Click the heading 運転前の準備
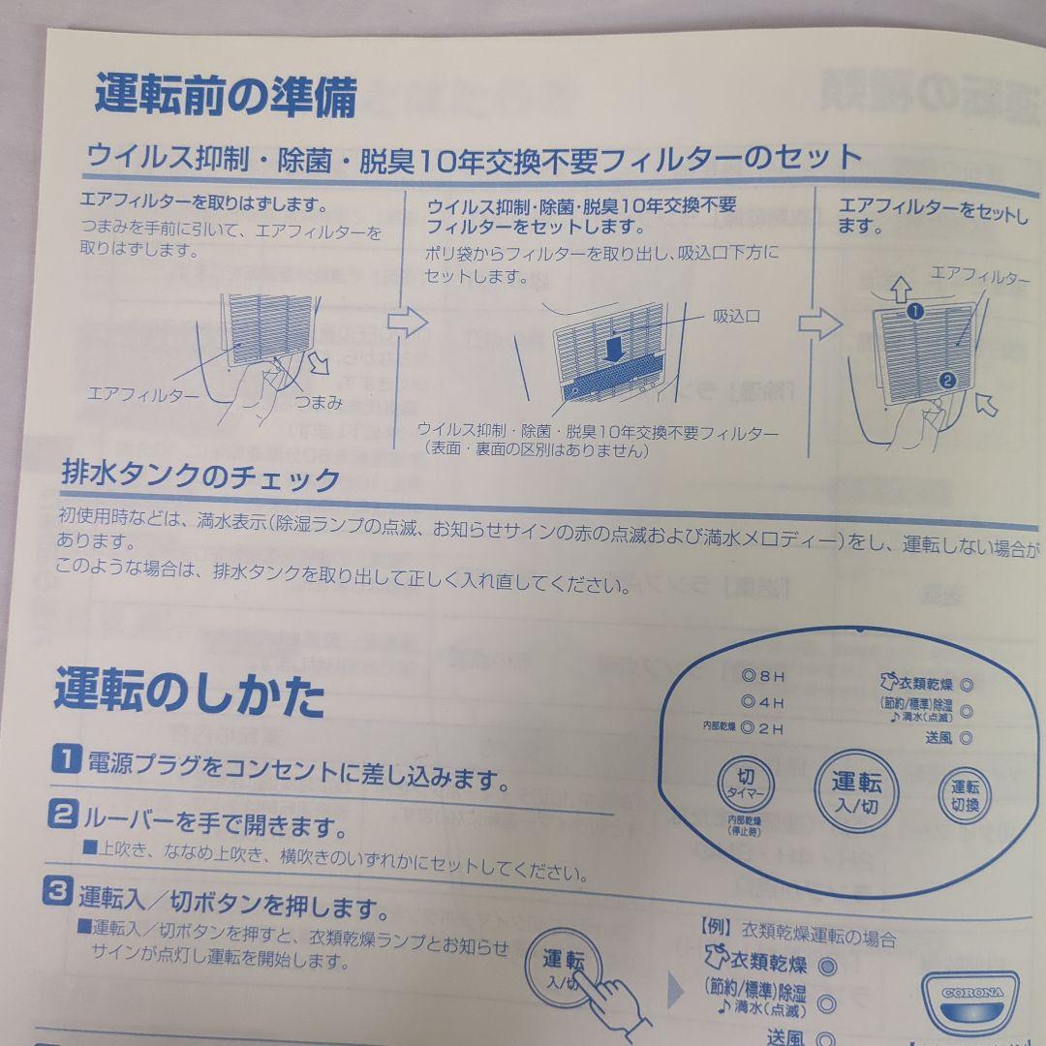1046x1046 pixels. [x=226, y=97]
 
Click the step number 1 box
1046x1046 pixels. [x=65, y=760]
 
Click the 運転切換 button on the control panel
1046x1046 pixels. [x=965, y=795]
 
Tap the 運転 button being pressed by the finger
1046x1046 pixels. [x=564, y=965]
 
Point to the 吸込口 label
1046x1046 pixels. [x=737, y=317]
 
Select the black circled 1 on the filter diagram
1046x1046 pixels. [x=913, y=312]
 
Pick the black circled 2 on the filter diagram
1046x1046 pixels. [x=948, y=380]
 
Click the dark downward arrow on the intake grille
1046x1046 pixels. [x=611, y=350]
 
